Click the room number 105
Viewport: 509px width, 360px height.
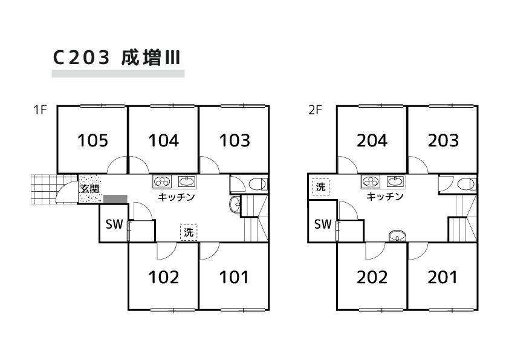[93, 141]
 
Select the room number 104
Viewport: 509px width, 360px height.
[164, 141]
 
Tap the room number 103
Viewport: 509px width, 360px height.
[235, 141]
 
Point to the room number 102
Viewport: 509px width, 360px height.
[164, 278]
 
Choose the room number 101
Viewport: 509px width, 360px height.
[234, 278]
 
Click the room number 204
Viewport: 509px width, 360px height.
[372, 141]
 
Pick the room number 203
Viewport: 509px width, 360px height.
[443, 141]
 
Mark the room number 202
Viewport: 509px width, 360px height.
[372, 278]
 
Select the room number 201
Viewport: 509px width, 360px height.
[443, 278]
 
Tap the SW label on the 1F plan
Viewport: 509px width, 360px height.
[114, 224]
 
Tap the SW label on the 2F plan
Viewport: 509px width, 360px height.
[323, 224]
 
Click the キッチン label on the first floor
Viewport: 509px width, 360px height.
[176, 197]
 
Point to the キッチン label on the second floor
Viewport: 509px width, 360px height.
[385, 197]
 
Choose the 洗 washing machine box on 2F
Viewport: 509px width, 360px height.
[321, 188]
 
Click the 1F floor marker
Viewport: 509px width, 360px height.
[40, 110]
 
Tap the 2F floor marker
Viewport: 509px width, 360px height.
[316, 110]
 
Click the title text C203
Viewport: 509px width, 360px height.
[81, 57]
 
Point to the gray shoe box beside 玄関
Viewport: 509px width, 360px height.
[115, 198]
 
